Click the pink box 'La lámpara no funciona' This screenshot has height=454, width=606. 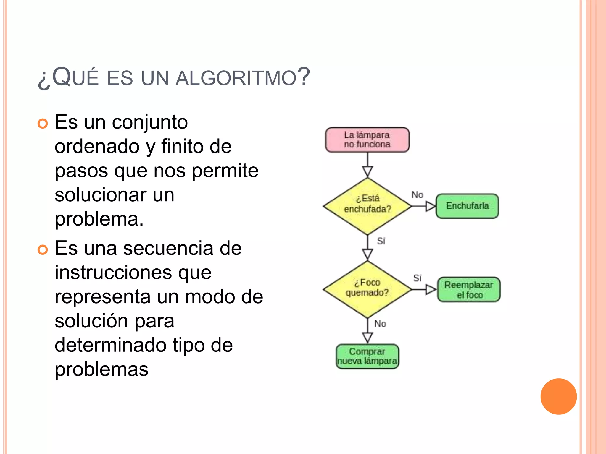coord(367,140)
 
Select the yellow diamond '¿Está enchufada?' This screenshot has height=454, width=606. coord(367,206)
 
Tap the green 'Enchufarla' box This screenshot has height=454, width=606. coord(467,206)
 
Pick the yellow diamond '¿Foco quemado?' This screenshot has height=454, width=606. coord(367,289)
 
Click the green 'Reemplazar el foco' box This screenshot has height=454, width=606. coord(469,289)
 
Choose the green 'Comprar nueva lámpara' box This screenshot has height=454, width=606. coord(367,356)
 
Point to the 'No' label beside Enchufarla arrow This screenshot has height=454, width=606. coord(417,195)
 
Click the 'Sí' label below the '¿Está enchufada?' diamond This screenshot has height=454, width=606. coord(381,241)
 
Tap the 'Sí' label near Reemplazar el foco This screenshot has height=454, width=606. coord(417,278)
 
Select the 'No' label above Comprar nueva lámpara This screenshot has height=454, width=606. coord(380,324)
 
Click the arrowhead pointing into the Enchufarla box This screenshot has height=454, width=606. coord(430,206)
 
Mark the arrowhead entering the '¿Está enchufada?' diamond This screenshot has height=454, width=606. coord(367,171)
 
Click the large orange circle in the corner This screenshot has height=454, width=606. coord(558,396)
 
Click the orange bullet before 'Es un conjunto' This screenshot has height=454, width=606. coord(43,124)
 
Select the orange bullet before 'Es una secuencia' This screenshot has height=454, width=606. coord(43,250)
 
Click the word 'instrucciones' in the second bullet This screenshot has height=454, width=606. coord(113,272)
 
